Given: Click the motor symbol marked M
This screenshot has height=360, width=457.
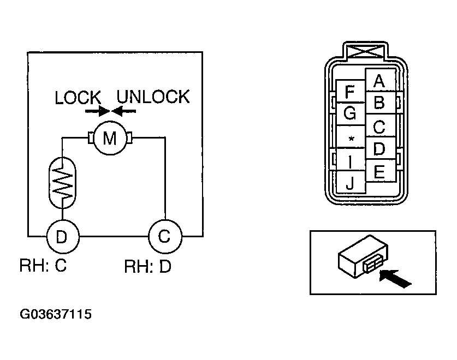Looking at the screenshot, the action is [110, 138].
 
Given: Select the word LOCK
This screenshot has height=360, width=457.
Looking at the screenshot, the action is [78, 97].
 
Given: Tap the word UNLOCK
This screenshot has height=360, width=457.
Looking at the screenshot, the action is [153, 97].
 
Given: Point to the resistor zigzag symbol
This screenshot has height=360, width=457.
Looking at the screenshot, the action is [62, 183].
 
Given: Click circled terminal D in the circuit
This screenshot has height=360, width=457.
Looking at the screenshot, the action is [63, 237].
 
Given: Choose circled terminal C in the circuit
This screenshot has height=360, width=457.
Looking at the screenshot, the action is [165, 236].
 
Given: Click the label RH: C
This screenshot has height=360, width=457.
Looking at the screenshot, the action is [43, 265].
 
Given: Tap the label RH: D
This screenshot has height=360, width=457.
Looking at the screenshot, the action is [148, 266].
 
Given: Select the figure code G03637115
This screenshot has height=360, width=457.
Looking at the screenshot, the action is [56, 314].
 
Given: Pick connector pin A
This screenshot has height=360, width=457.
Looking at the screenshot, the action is [380, 80].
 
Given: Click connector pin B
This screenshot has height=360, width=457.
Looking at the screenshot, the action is [380, 103].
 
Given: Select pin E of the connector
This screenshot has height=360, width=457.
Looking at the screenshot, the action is [380, 171].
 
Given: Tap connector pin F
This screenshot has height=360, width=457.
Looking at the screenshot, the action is [351, 91].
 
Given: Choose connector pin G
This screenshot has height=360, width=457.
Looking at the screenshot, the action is [351, 113].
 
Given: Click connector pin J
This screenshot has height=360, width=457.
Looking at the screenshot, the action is [351, 182].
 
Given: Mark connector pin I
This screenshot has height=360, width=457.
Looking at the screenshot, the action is [351, 159].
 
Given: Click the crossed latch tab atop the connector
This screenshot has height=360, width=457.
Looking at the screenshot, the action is [366, 52].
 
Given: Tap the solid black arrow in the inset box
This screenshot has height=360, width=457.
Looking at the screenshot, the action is [395, 279].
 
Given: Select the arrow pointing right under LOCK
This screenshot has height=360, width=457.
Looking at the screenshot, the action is [97, 111].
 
